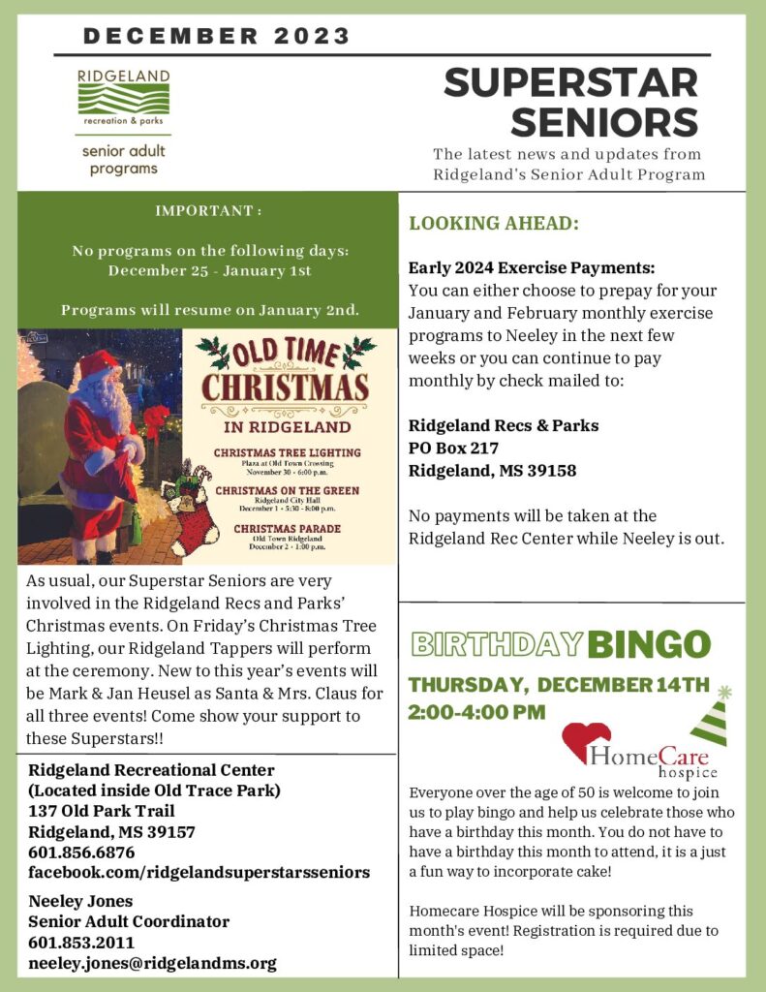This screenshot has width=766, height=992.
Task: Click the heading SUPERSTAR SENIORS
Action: tap(570, 103)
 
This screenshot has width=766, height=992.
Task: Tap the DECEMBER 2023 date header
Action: tap(216, 37)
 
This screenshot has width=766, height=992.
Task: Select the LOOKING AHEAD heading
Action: tap(494, 223)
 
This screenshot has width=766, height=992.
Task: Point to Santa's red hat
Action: tap(98, 364)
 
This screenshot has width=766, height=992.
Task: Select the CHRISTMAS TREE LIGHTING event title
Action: tap(287, 452)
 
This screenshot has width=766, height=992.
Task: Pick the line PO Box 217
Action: tap(453, 448)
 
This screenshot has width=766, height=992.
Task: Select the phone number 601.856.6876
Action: tap(81, 852)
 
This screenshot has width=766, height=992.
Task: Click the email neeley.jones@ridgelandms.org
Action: tap(152, 963)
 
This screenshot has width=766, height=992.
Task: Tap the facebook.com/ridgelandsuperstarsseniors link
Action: tap(199, 873)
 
